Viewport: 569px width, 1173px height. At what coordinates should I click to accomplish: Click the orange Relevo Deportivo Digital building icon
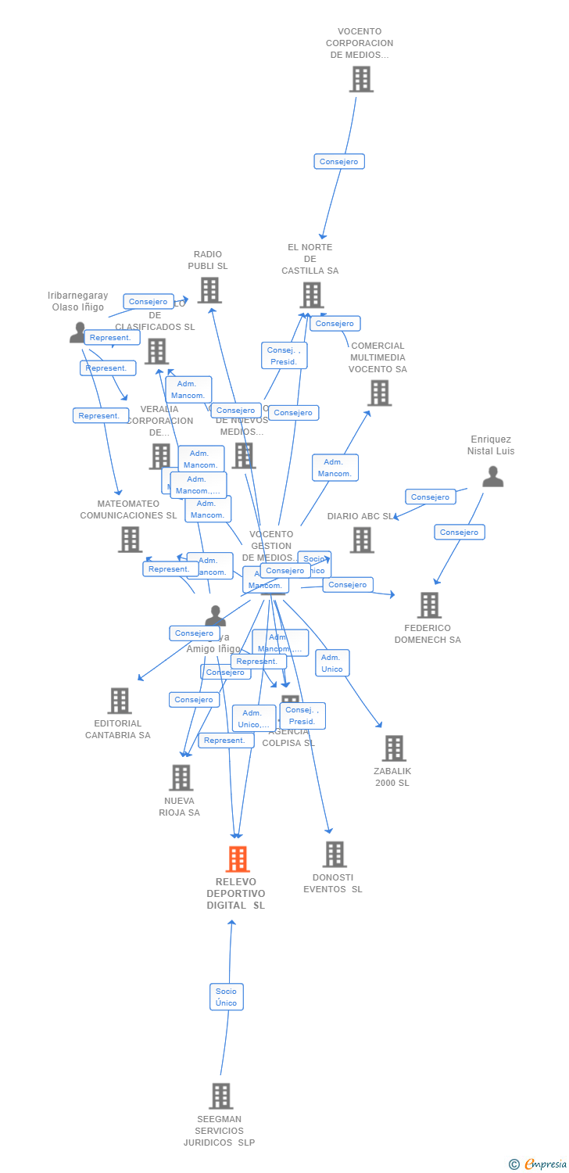(x=238, y=859)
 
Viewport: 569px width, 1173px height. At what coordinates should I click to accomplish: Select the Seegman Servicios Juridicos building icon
(x=221, y=1096)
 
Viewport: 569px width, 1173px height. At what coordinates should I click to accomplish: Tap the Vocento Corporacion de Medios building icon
(x=361, y=79)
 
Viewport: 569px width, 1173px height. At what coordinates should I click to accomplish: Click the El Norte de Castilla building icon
(x=311, y=295)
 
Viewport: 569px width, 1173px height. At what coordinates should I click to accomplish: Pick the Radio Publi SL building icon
(x=209, y=290)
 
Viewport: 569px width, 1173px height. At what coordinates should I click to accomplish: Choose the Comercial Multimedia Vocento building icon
(x=379, y=393)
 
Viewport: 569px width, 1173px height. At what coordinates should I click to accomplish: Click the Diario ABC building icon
(x=361, y=540)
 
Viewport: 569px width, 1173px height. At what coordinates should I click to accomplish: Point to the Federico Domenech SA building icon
(x=429, y=604)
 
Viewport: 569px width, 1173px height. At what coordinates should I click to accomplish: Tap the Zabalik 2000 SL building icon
(x=393, y=748)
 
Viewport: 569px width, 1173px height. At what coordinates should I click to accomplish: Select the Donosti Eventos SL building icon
(x=335, y=854)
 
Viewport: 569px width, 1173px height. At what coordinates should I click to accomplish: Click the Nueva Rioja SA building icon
(x=181, y=777)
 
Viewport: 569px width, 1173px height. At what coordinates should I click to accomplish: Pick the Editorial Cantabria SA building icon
(x=119, y=701)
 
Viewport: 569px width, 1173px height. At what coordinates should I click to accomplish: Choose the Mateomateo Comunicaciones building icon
(x=130, y=539)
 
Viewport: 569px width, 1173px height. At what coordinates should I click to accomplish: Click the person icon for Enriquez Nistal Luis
(x=492, y=476)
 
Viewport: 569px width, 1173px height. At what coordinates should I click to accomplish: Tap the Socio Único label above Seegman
(x=227, y=997)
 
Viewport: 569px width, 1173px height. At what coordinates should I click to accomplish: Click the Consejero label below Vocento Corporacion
(x=339, y=162)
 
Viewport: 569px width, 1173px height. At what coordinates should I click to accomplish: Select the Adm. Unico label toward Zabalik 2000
(x=332, y=663)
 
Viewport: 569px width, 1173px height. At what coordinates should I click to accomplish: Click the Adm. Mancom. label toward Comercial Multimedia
(x=335, y=468)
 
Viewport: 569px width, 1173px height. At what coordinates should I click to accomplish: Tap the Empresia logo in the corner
(x=539, y=1164)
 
